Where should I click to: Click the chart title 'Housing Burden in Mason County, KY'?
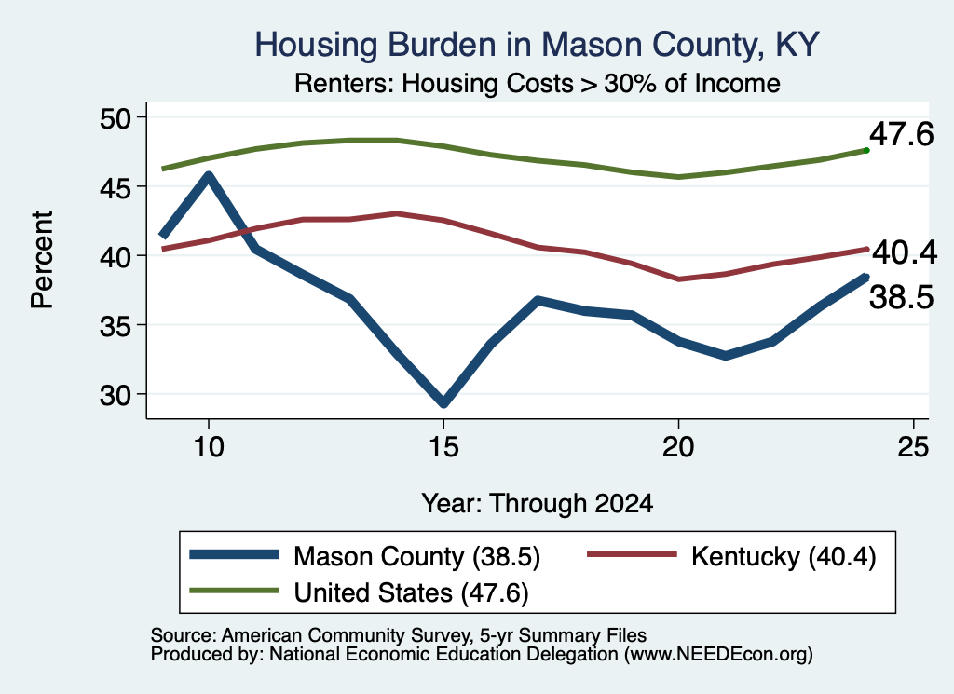click(x=537, y=45)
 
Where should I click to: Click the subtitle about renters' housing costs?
click(x=538, y=83)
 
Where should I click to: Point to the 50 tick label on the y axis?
click(x=115, y=118)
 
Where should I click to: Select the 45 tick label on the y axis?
click(x=115, y=187)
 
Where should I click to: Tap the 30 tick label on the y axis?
click(x=115, y=395)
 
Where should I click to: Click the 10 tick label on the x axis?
click(x=209, y=447)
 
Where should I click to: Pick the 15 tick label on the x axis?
click(x=443, y=447)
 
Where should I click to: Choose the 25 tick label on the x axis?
click(x=913, y=447)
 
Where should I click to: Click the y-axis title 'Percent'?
click(x=42, y=260)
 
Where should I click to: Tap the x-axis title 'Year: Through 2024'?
click(x=538, y=504)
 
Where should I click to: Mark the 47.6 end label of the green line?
click(x=901, y=134)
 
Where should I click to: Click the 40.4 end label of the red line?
click(x=904, y=252)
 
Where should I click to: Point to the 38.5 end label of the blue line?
click(x=901, y=298)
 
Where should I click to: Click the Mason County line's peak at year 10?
click(x=209, y=176)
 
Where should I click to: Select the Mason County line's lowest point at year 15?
click(x=443, y=402)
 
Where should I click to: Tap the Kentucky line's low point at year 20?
click(x=678, y=279)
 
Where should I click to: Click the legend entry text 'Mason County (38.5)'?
click(x=416, y=556)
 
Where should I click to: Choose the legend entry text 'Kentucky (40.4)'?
click(x=784, y=556)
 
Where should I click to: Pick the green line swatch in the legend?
click(x=234, y=591)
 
